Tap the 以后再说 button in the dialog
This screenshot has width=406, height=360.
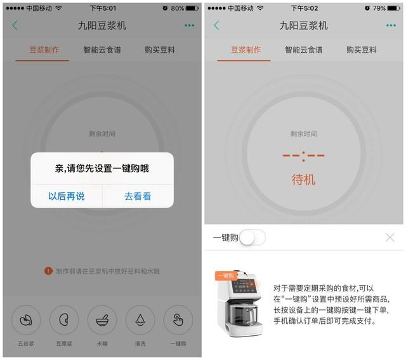click(x=67, y=196)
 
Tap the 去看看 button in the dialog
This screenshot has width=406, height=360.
click(x=138, y=196)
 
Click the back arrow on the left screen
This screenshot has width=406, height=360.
click(x=15, y=25)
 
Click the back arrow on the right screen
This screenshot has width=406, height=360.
click(x=216, y=25)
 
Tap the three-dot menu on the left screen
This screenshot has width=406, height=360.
click(x=189, y=25)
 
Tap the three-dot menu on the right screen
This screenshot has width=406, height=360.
click(x=391, y=25)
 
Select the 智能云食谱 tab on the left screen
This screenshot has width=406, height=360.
click(x=102, y=50)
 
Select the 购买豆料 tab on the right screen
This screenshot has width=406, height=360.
click(x=362, y=50)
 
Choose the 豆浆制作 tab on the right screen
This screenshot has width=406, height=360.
click(x=246, y=50)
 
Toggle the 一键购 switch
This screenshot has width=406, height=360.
click(x=252, y=237)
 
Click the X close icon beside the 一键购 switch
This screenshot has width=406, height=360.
click(x=390, y=237)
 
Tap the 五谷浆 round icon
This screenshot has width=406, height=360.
click(x=26, y=320)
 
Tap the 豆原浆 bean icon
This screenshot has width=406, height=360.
click(x=64, y=320)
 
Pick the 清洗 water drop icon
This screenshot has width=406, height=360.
click(x=140, y=320)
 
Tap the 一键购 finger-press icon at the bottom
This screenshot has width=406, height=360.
click(x=178, y=320)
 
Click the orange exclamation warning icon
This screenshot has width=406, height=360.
click(x=48, y=271)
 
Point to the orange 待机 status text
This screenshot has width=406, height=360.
click(x=303, y=180)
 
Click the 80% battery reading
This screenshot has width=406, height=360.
click(x=178, y=8)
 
